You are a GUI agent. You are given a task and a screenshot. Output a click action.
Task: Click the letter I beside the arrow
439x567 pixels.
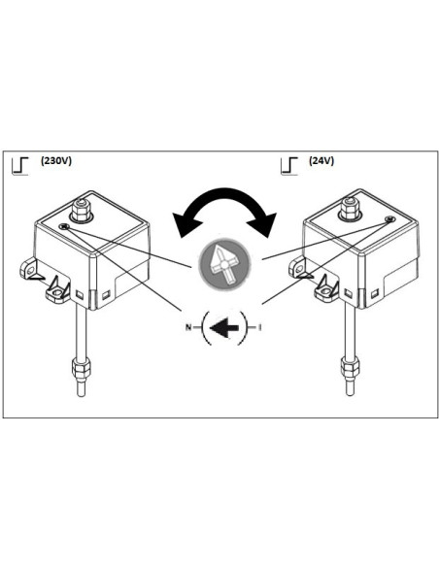coord(260,327)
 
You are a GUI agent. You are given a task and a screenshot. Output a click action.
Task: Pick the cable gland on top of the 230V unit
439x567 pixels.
coord(81,208)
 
